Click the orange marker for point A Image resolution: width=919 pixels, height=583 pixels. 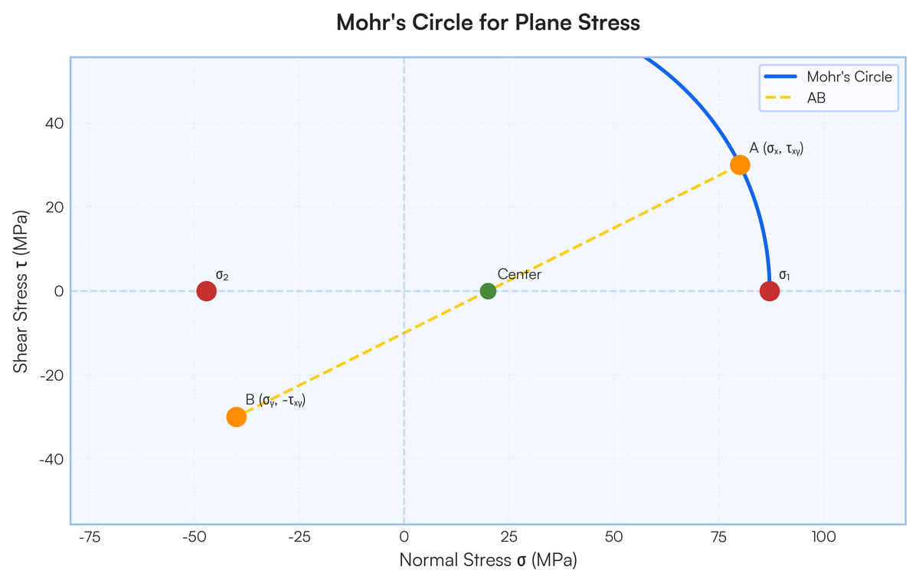point(740,165)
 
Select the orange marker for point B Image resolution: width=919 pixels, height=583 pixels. point(237,417)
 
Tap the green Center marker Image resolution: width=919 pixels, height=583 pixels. point(488,291)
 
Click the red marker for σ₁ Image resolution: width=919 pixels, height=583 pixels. point(770,291)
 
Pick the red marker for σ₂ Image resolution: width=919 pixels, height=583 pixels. point(206,291)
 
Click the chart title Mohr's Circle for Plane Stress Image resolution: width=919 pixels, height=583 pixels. point(488,23)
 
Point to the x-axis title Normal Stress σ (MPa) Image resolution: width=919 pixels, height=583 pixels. point(488,560)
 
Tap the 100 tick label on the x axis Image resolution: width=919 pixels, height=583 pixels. point(823,536)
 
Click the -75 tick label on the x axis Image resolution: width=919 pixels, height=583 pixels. point(90,536)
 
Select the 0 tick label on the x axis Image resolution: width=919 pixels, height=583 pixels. point(404,536)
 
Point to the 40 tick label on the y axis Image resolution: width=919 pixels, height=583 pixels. point(52,123)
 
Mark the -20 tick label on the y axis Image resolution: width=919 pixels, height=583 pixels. point(49,375)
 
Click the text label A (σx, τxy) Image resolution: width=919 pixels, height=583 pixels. point(777,148)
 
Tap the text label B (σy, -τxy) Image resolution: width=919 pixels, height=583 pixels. point(276,400)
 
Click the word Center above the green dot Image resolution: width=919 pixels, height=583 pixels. point(519,274)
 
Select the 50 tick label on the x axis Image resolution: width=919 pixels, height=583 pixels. point(613,536)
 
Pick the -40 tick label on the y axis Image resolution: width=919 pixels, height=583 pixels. point(49,459)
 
